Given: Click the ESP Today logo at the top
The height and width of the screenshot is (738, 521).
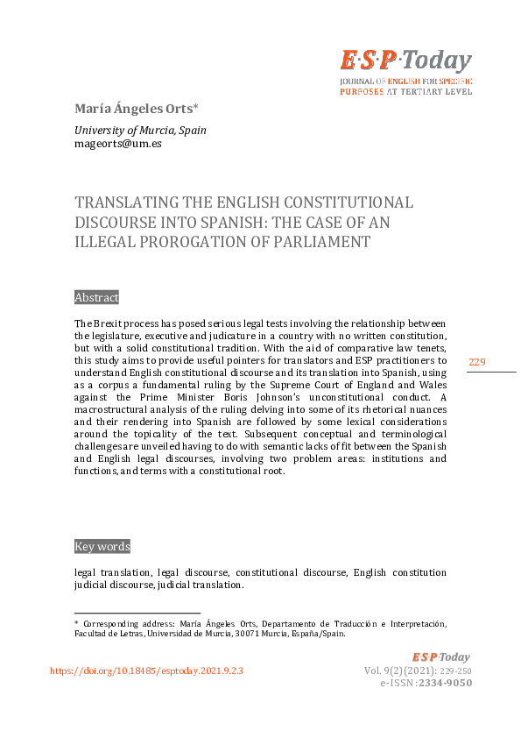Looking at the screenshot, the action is point(405,61).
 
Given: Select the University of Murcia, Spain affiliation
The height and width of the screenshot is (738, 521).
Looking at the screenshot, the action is point(140,130).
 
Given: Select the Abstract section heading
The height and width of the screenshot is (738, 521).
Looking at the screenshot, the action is point(96,297).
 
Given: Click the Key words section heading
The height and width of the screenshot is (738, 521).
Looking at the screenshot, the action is point(102,546).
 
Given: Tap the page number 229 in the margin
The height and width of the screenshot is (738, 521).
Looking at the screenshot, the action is point(477,363).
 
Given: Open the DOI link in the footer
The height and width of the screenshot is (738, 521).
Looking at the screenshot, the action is point(146,671).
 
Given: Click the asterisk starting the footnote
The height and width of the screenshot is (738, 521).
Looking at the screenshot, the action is point(76,623).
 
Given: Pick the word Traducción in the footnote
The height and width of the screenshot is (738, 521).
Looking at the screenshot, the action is point(369,623).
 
